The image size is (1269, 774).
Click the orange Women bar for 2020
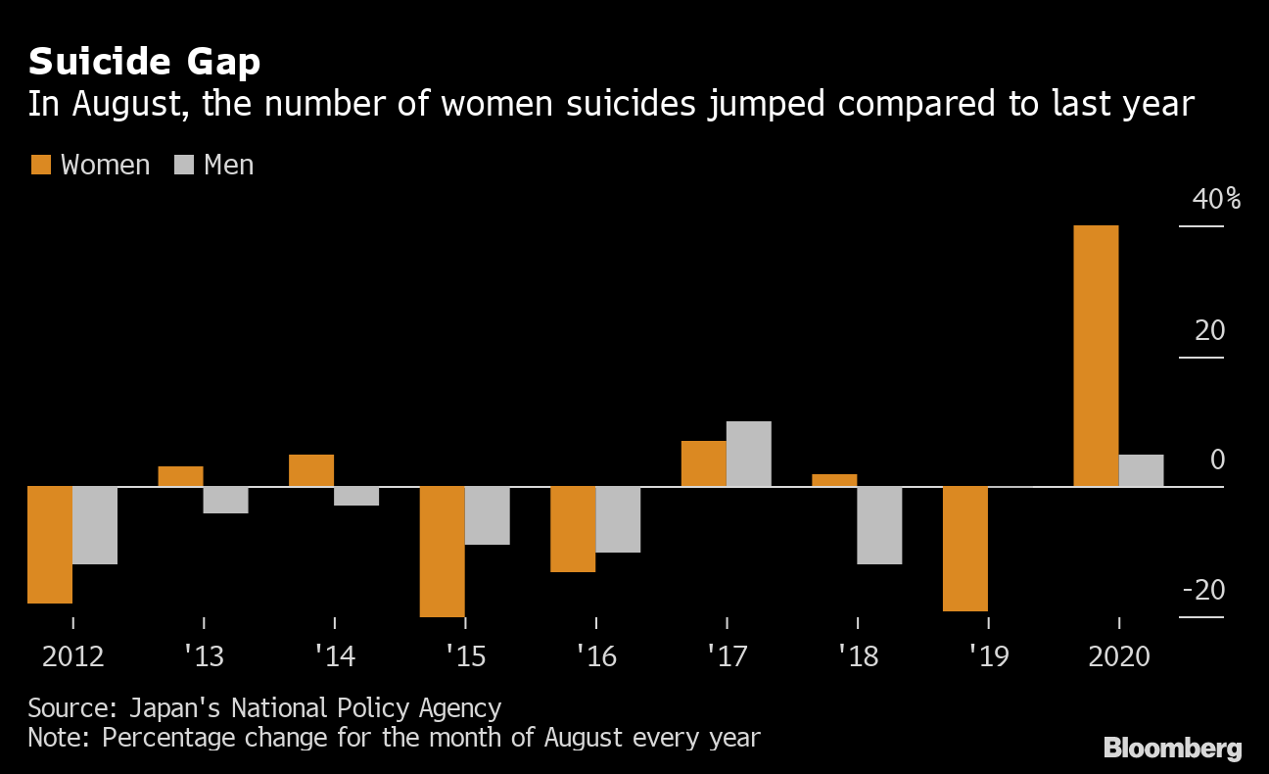(1096, 356)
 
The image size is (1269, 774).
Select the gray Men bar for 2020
(1141, 470)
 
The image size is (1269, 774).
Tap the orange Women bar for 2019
(965, 549)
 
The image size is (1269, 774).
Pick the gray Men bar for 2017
(748, 454)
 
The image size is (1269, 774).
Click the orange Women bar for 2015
(443, 552)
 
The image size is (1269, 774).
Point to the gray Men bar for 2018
(879, 525)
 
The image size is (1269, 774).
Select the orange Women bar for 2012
(50, 545)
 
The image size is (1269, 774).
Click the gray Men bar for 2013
(225, 500)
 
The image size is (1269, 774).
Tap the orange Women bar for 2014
(311, 470)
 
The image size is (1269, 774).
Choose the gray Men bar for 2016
(618, 519)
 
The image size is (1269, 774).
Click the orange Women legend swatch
(41, 165)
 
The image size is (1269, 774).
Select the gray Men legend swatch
(184, 165)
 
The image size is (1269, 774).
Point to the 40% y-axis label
(1216, 199)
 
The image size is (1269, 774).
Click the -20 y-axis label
(1203, 590)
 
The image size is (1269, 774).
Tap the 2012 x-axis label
(73, 656)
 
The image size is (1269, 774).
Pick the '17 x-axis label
(728, 656)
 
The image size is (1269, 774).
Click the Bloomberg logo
(1173, 748)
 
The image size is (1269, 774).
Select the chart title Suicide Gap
(145, 62)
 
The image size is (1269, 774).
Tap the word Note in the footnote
(56, 738)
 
